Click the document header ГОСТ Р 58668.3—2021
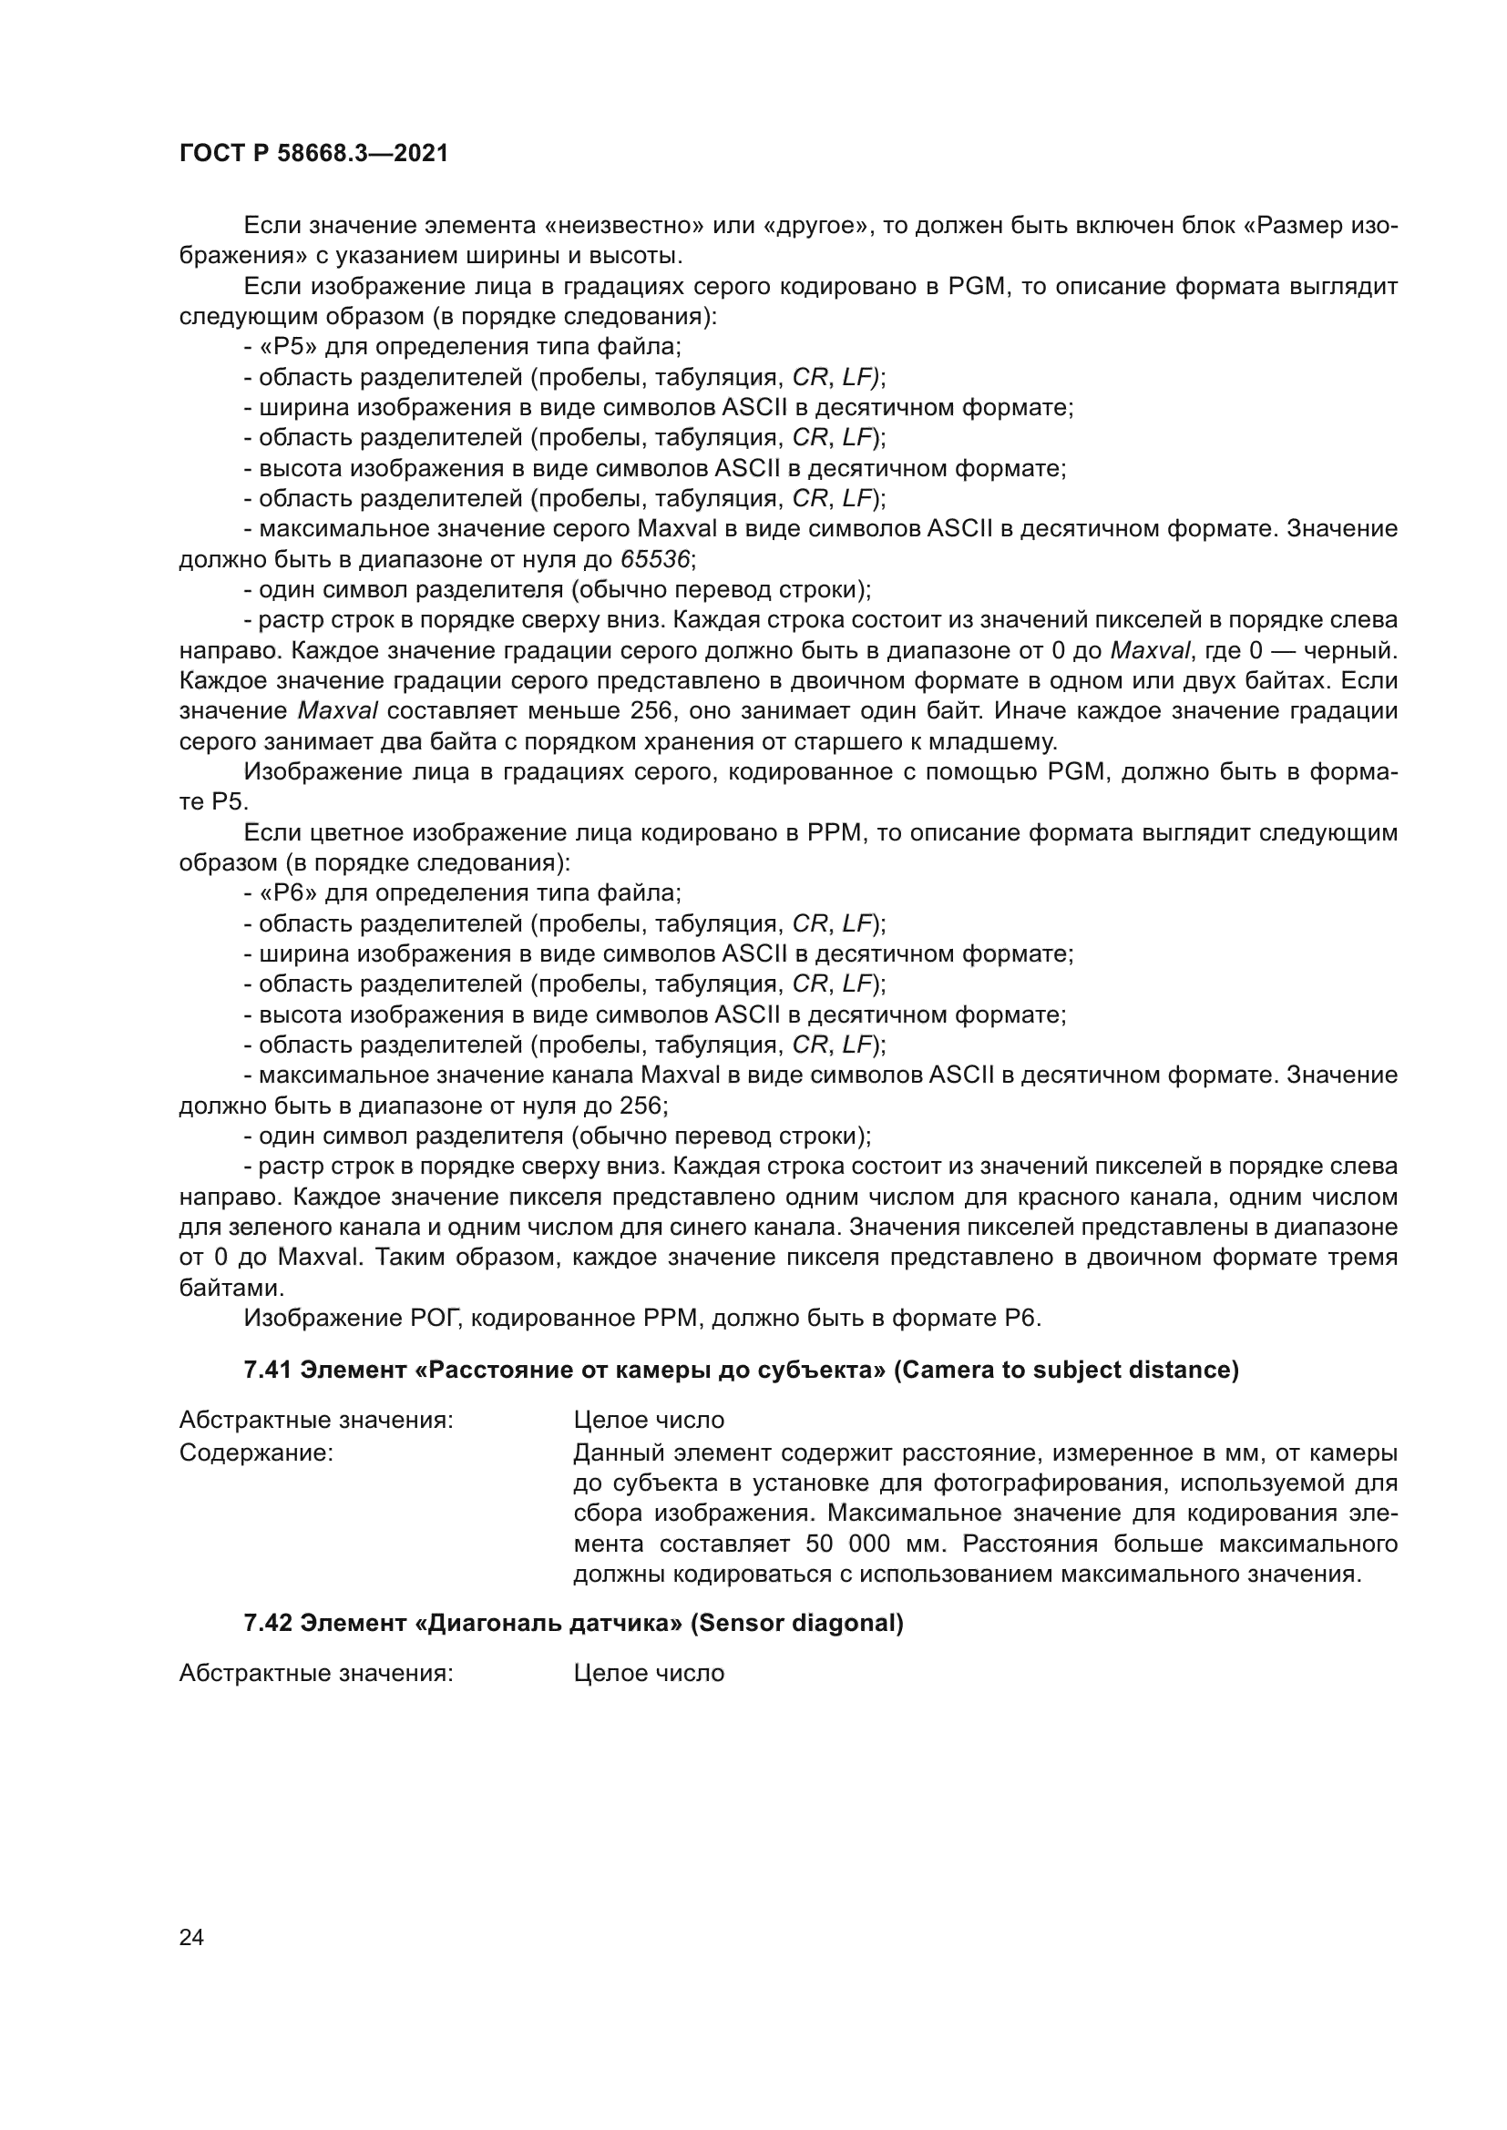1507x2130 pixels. [x=313, y=154]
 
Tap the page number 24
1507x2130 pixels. [x=191, y=1937]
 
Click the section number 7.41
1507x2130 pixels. [x=269, y=1371]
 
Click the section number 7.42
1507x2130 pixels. [x=269, y=1624]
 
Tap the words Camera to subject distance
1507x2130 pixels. [x=1066, y=1371]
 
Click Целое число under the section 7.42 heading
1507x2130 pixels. [x=649, y=1674]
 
